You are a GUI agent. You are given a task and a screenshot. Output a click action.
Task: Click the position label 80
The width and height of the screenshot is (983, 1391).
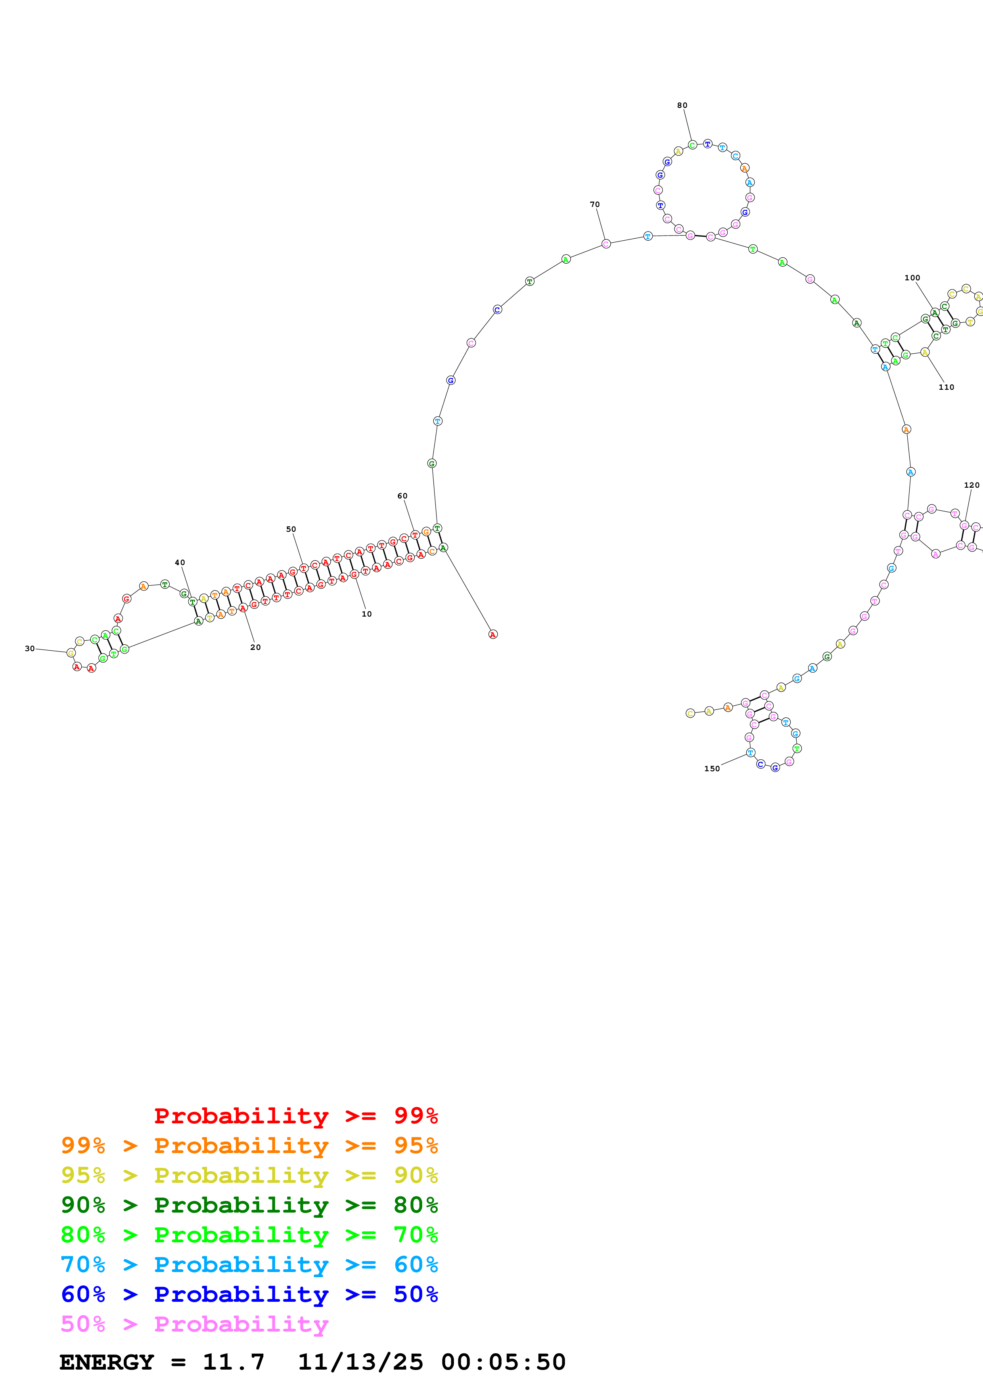coord(682,105)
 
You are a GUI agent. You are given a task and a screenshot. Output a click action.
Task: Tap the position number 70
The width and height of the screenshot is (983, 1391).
coord(595,205)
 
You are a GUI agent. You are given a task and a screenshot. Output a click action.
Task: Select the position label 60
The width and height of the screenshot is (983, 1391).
coord(402,496)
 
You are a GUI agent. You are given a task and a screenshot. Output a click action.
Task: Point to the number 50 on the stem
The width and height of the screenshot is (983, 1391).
coord(291,529)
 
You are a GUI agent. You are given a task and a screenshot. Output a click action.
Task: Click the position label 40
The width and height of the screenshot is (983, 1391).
coord(180,563)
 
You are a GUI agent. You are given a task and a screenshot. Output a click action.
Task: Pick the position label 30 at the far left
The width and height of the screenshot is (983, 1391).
coord(30,649)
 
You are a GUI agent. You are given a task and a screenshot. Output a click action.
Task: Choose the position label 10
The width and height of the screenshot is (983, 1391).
coord(366,614)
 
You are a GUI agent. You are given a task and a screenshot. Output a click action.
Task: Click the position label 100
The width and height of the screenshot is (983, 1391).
coord(912,278)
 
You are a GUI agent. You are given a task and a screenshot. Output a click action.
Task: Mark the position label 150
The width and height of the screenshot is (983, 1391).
coord(712,769)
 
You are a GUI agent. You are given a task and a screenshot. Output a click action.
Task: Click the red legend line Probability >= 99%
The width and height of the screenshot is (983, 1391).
coord(295,1116)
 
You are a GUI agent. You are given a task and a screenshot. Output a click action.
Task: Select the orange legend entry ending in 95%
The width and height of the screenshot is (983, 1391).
coord(249,1146)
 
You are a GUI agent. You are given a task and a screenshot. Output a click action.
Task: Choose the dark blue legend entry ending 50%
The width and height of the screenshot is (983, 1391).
coord(249,1294)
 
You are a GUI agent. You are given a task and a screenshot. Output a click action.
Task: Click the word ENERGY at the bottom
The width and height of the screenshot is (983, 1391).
coord(107,1362)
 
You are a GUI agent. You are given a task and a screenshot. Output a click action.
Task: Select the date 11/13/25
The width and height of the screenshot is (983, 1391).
coord(360,1362)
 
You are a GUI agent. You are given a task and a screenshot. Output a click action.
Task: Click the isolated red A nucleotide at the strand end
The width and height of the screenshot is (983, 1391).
coord(492,634)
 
